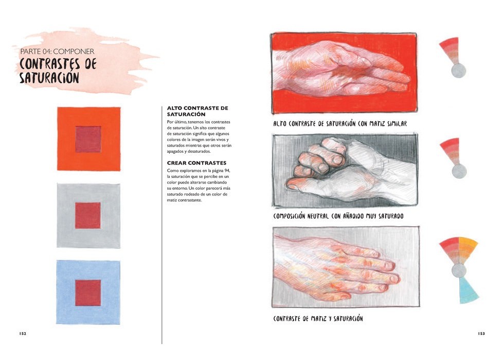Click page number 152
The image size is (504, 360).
pos(23,333)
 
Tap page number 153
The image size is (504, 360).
pos(481,333)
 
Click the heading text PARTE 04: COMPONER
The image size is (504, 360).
pos(57,51)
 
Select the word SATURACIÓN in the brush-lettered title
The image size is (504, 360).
pos(49,78)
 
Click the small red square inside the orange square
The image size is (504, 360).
pos(88,139)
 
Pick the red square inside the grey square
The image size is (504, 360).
pos(88,215)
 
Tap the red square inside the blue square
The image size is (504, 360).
pos(88,293)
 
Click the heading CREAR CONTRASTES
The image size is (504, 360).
pos(196,163)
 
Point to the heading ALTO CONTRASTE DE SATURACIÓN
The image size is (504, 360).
pos(197,111)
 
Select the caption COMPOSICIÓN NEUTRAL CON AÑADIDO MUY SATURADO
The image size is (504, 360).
pos(338,216)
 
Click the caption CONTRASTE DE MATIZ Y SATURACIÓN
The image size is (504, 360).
pos(318,318)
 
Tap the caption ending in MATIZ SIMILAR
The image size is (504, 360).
pos(340,123)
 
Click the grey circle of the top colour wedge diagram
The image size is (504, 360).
pos(458,71)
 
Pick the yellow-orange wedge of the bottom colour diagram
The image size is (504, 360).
pos(467,249)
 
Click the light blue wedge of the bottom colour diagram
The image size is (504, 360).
pos(468,291)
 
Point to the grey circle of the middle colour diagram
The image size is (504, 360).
pos(459,171)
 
